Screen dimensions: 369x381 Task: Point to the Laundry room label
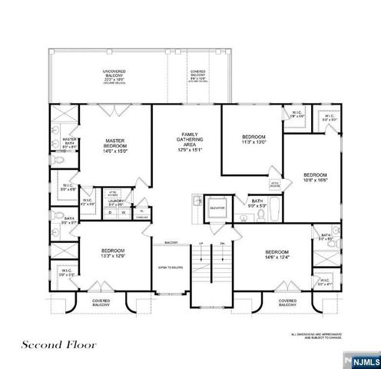coord(118,202)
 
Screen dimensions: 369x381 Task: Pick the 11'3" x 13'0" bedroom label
coord(253,139)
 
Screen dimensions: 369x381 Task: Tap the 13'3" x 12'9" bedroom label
coord(113,254)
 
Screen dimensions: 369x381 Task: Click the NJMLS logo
coord(362,359)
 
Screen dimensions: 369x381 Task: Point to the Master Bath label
coord(68,142)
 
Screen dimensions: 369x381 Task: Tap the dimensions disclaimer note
coord(316,335)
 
